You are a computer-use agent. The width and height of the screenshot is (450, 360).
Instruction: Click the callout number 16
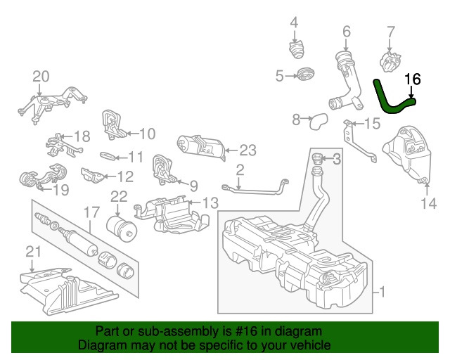pyautogui.click(x=413, y=79)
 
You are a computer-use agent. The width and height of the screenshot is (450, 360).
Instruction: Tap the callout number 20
pyautogui.click(x=41, y=75)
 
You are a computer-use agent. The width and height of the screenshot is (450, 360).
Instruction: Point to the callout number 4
pyautogui.click(x=295, y=21)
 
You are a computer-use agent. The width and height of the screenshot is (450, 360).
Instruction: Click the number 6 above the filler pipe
pyautogui.click(x=346, y=31)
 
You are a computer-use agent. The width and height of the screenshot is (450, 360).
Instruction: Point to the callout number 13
pyautogui.click(x=211, y=202)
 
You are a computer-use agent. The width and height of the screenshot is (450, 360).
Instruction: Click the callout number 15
pyautogui.click(x=372, y=124)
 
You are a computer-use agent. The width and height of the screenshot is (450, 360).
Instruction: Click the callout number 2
pyautogui.click(x=240, y=169)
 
